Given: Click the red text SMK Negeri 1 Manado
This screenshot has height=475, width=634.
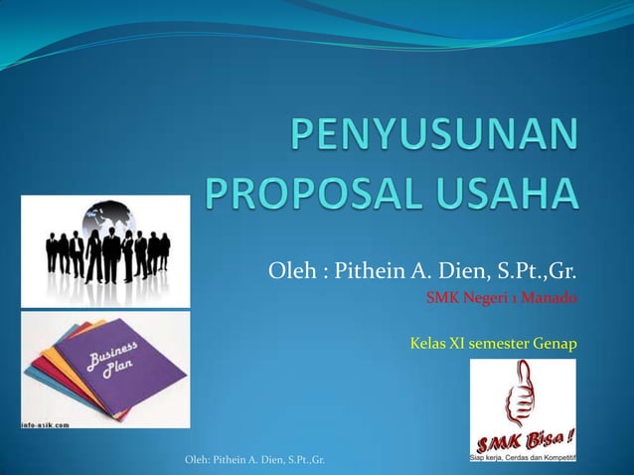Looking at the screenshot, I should click(x=501, y=296).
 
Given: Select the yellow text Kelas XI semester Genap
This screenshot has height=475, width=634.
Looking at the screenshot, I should click(x=493, y=344).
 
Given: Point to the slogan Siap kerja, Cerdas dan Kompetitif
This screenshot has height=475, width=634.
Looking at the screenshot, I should click(x=523, y=457).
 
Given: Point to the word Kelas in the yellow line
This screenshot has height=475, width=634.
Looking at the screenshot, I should click(x=429, y=344).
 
